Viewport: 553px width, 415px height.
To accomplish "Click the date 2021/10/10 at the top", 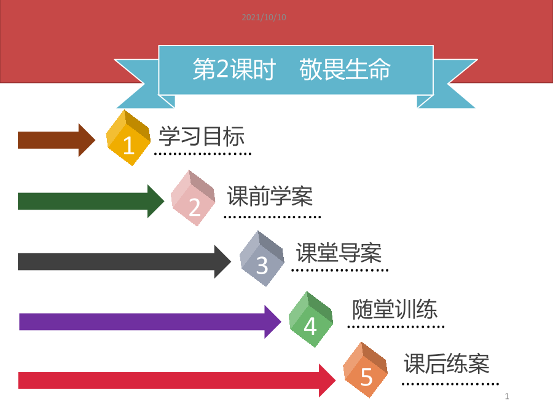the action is [264, 17].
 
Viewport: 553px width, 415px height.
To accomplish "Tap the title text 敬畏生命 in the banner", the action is [345, 69].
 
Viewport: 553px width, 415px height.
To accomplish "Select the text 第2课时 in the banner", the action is [234, 69].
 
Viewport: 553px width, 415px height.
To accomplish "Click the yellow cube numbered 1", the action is [128, 138].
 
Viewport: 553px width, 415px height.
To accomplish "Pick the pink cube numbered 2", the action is [193, 198].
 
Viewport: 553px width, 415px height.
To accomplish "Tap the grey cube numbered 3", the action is [262, 258].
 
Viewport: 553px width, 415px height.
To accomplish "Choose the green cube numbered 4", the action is [311, 319].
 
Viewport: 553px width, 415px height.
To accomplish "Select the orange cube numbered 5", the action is [366, 370].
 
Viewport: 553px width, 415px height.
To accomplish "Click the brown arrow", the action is [57, 140].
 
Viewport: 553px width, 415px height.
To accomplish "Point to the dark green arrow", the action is [91, 201].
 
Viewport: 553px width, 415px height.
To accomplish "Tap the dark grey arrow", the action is [125, 261].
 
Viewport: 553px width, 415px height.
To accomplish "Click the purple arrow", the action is [151, 322].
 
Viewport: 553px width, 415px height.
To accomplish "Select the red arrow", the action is [177, 381].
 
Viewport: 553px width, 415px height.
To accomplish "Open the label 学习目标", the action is [202, 136].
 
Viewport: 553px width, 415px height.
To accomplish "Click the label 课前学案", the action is [270, 196].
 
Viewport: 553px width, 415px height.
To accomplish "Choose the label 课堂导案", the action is [339, 253].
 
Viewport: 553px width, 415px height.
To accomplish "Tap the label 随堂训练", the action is [394, 309].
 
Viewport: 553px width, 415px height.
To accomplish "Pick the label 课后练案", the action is [447, 363].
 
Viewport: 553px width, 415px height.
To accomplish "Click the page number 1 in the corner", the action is [507, 397].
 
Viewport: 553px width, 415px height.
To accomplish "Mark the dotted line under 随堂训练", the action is [396, 327].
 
